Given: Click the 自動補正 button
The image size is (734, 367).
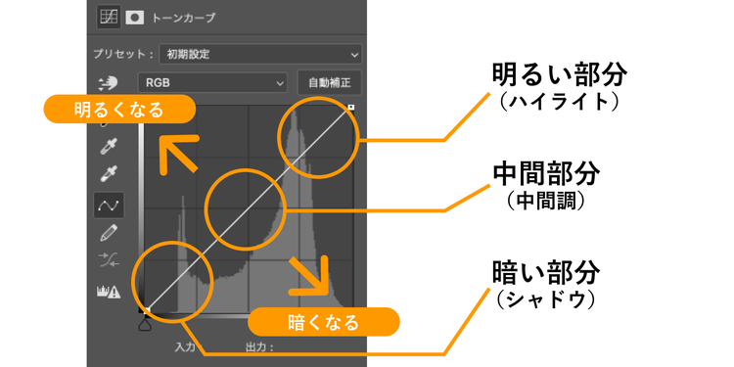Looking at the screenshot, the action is pyautogui.click(x=330, y=83).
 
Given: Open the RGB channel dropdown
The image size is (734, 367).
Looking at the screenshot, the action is pyautogui.click(x=212, y=83).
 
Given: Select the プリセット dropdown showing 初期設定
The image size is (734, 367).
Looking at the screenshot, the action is pyautogui.click(x=260, y=54).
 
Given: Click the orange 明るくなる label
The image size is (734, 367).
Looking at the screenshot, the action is pyautogui.click(x=118, y=109).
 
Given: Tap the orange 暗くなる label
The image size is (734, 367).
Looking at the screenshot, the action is pyautogui.click(x=324, y=322).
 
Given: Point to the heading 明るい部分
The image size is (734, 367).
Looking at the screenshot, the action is pyautogui.click(x=559, y=75).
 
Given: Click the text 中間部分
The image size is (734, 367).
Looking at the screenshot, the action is pyautogui.click(x=546, y=174).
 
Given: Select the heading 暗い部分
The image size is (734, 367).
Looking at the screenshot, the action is pyautogui.click(x=546, y=272).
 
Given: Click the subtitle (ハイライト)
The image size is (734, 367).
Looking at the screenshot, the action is pyautogui.click(x=559, y=102).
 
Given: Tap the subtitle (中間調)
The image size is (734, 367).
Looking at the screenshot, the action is pyautogui.click(x=546, y=201).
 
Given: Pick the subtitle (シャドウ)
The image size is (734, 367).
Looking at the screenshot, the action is pyautogui.click(x=546, y=299).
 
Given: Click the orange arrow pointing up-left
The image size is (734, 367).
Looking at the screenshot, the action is pyautogui.click(x=178, y=155).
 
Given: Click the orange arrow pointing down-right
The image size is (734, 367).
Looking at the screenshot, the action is pyautogui.click(x=310, y=276).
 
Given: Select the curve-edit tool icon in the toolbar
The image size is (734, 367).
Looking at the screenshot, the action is pyautogui.click(x=109, y=206).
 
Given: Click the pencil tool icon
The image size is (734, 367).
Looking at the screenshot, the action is pyautogui.click(x=109, y=233).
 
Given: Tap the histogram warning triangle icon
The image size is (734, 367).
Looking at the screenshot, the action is pyautogui.click(x=114, y=293).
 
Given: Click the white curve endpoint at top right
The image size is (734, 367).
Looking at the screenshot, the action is pyautogui.click(x=351, y=108).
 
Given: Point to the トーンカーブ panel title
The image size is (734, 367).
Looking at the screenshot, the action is pyautogui.click(x=183, y=19).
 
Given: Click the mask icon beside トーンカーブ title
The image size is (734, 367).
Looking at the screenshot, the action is pyautogui.click(x=135, y=18).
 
